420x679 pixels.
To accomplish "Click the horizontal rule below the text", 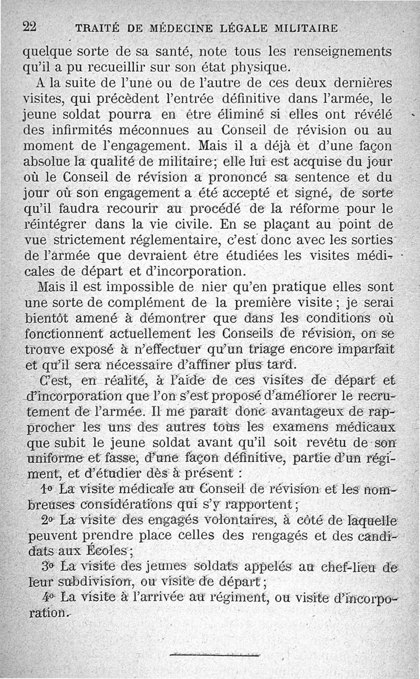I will click(x=215, y=654).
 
